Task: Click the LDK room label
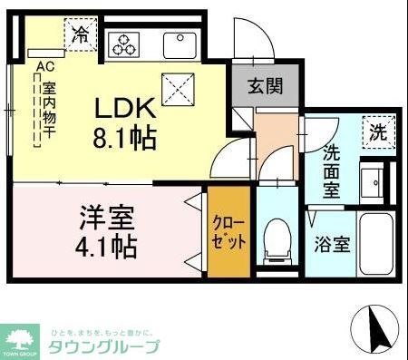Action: tap(126, 109)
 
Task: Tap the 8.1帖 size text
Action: tap(126, 138)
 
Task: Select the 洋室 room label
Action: tap(107, 218)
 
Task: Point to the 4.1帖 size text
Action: tap(107, 246)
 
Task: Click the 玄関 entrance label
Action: tap(267, 88)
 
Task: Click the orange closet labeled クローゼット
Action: tap(225, 233)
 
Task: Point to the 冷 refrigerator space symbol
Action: tap(80, 36)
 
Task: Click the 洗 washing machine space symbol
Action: tap(376, 131)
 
